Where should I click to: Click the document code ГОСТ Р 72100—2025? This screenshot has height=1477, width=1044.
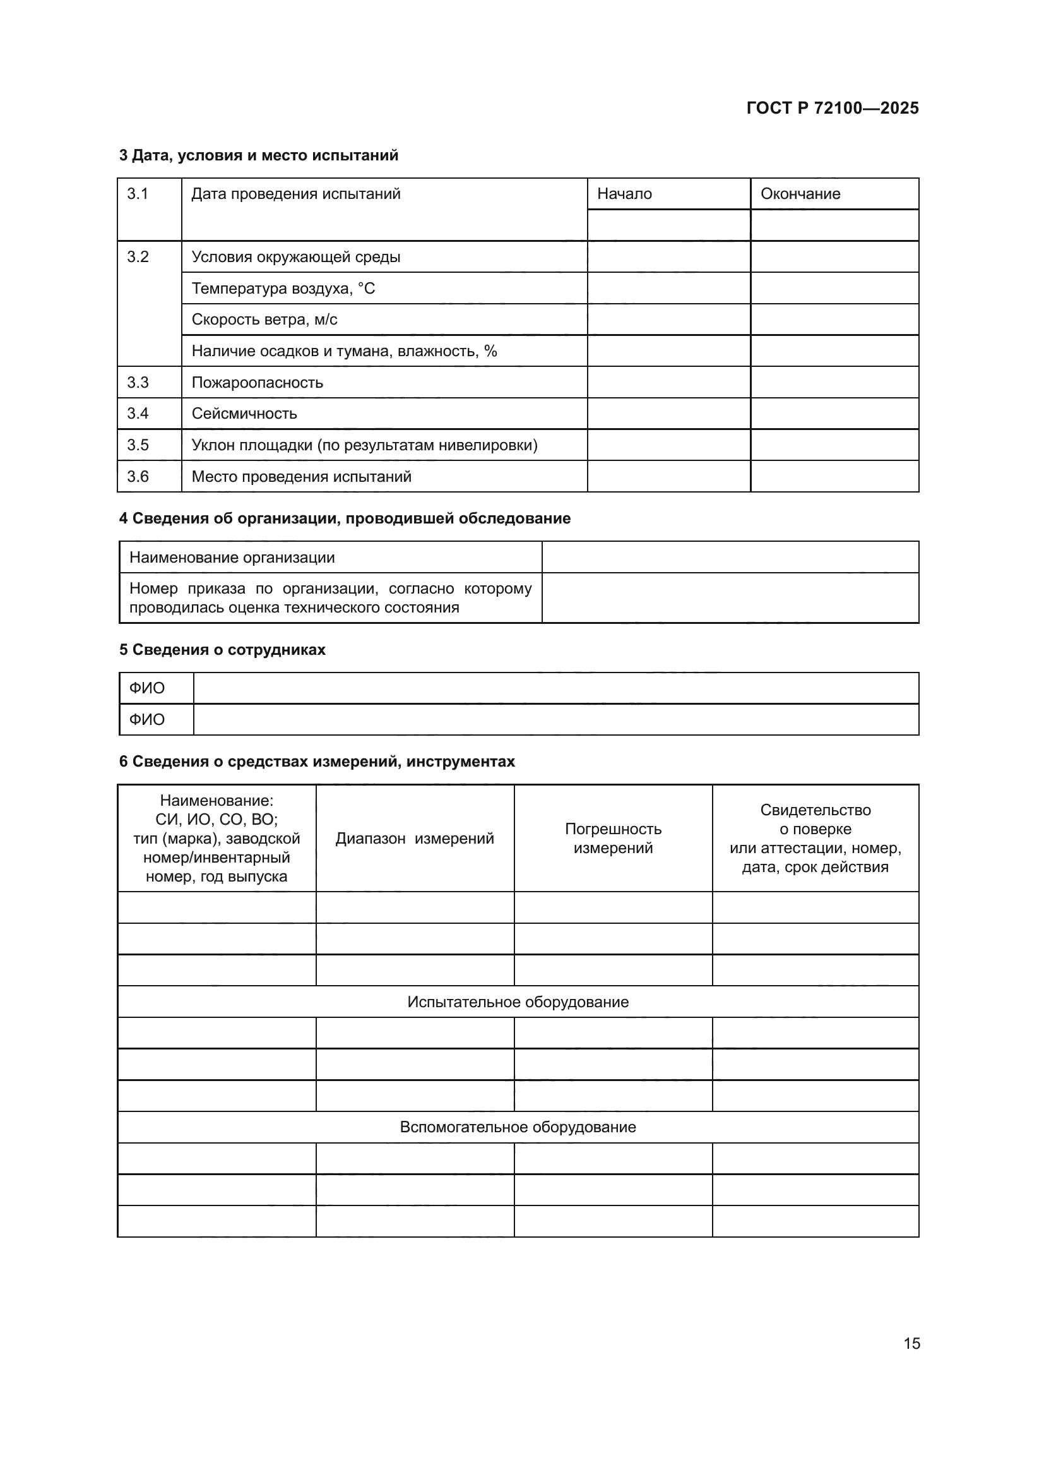coord(833,108)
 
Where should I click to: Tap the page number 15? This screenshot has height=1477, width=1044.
coord(911,1343)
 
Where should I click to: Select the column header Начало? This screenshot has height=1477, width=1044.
coord(624,194)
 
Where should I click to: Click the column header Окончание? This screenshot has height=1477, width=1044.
coord(800,194)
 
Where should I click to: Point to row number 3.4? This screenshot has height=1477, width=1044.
coord(138,413)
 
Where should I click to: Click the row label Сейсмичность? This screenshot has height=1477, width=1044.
coord(244,414)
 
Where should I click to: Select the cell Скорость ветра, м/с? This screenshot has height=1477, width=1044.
coord(264,320)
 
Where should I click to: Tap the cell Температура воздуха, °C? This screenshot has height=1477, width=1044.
coord(283,288)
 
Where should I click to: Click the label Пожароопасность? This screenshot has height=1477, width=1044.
coord(257,383)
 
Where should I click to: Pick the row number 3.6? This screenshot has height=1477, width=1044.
coord(138,477)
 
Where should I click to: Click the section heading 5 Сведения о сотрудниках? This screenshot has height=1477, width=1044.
coord(222,650)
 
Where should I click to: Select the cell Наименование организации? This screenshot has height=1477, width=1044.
coord(232,558)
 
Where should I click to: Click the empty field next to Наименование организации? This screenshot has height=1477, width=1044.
coord(730,557)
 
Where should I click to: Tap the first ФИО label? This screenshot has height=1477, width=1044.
coord(146,688)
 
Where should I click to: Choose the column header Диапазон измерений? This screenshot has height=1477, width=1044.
coord(415,838)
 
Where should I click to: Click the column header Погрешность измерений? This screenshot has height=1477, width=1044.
coord(613,838)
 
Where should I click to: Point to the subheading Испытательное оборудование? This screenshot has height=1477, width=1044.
coord(518,1002)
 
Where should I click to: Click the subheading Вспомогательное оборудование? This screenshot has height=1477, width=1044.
coord(518,1127)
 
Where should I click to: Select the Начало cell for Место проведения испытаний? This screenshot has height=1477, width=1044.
coord(668,477)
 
